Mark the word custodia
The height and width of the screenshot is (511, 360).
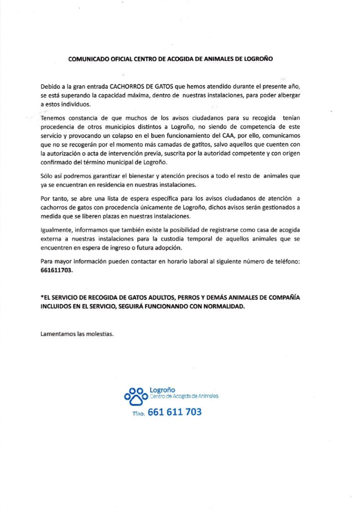point(193,240)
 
